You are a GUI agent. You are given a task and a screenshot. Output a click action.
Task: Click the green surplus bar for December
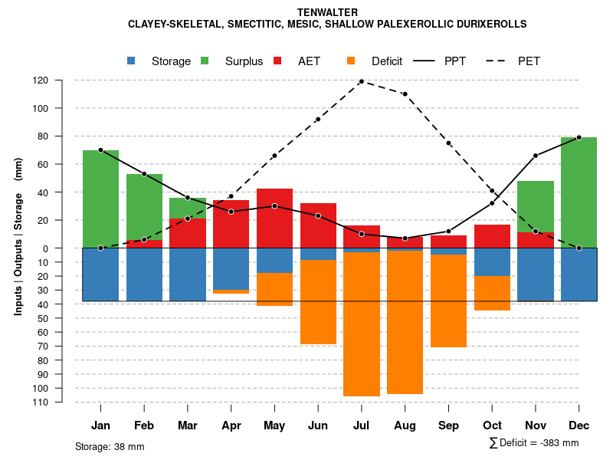(579, 192)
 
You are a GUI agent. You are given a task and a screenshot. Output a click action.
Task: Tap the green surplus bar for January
(100, 199)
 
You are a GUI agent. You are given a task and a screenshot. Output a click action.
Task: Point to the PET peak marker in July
(362, 81)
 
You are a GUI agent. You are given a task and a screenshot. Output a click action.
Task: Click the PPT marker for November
(536, 156)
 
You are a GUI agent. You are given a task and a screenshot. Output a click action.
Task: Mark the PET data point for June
(318, 119)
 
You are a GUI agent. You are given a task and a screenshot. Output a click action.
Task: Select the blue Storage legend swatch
(132, 61)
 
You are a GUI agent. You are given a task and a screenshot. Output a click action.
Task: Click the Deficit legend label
(387, 61)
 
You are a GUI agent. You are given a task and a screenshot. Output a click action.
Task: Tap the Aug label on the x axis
(405, 426)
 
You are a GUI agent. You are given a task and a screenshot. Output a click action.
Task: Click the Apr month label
(231, 426)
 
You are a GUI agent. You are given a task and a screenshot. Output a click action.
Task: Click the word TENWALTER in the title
(327, 12)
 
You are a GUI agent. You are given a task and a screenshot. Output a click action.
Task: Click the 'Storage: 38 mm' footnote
(110, 446)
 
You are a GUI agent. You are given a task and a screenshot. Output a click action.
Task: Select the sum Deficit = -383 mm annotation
(534, 443)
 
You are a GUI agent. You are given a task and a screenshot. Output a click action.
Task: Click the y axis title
(18, 242)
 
